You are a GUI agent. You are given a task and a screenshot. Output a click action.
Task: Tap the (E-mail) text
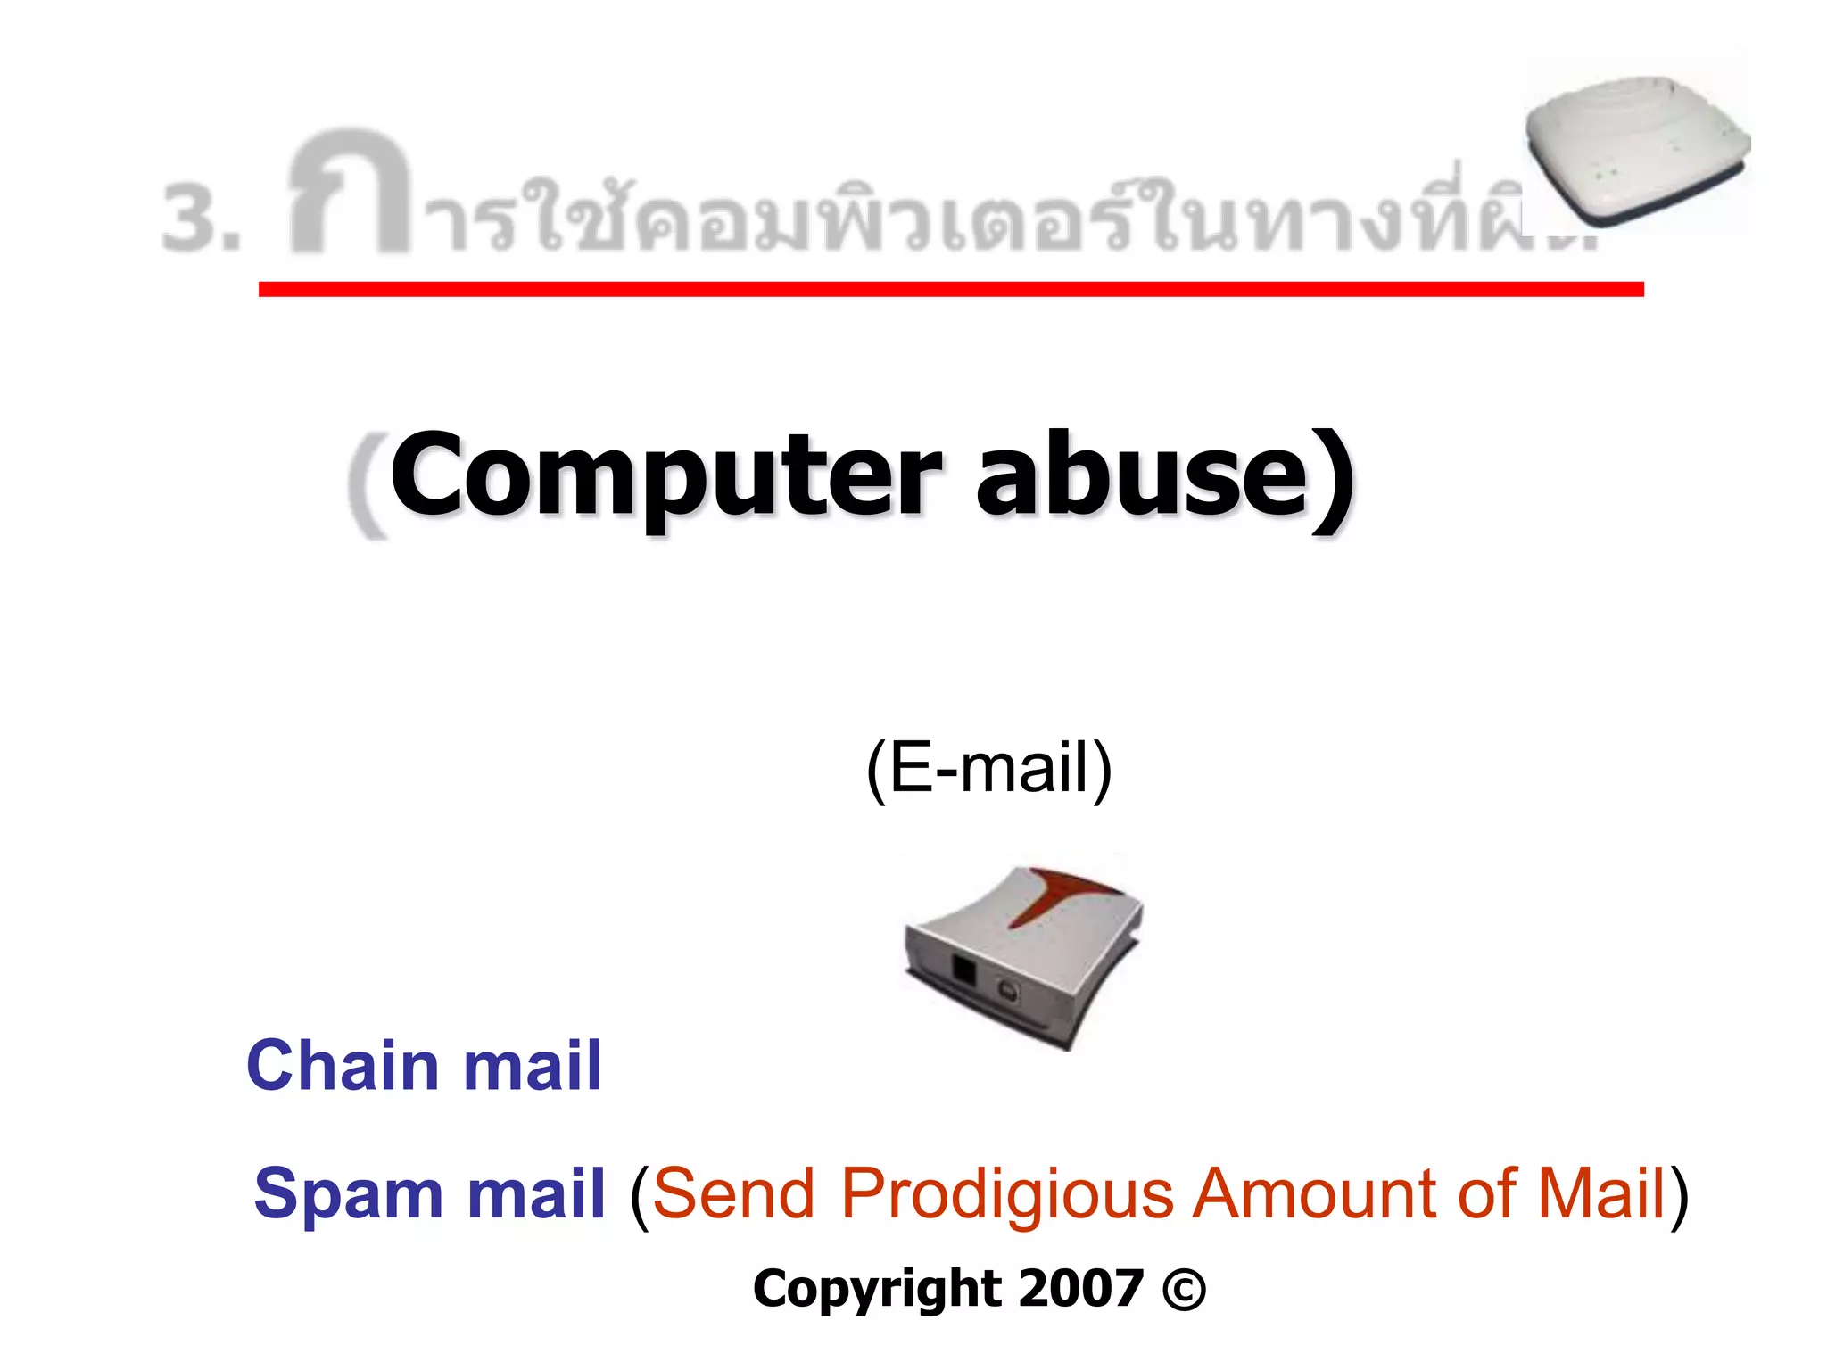[x=988, y=768]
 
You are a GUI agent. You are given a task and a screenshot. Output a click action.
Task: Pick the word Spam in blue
[x=348, y=1193]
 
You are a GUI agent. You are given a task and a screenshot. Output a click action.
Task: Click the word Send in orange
[x=733, y=1193]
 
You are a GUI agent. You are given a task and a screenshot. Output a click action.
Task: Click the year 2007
[x=1081, y=1289]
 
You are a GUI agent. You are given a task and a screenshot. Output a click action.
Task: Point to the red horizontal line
[x=950, y=289]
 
